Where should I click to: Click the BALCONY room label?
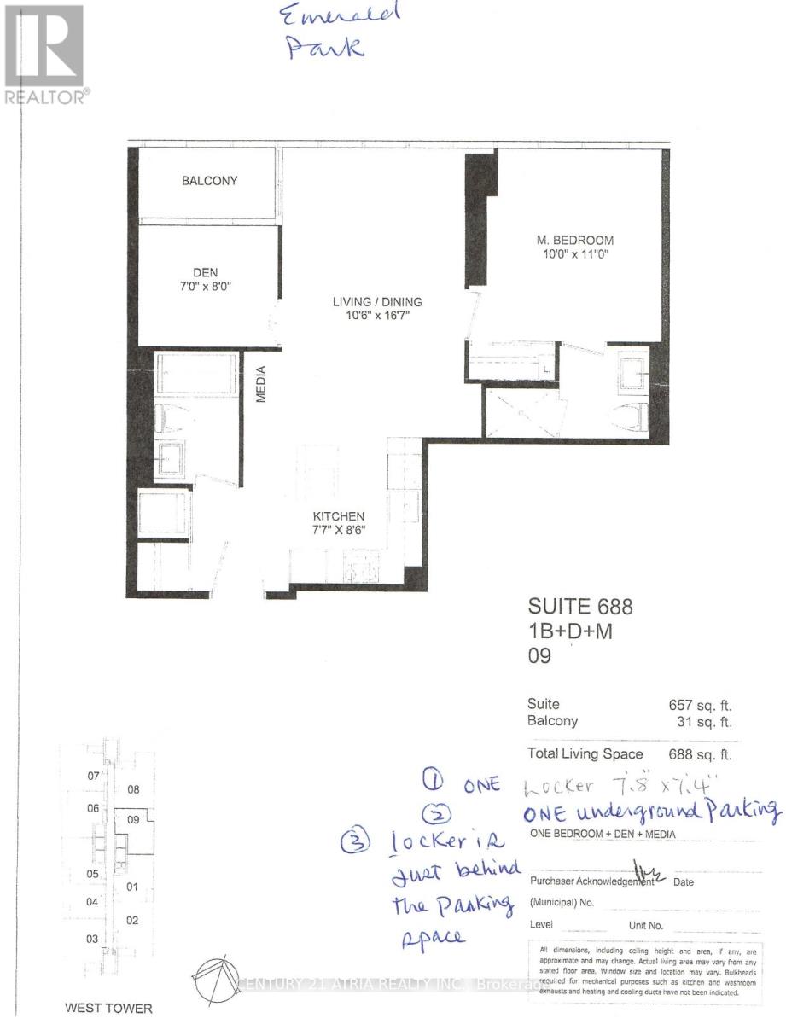[209, 181]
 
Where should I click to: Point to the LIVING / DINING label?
[378, 302]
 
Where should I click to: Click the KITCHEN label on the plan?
[338, 516]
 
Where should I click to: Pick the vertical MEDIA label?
[263, 385]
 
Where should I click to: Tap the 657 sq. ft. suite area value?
[701, 705]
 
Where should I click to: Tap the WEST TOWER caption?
[103, 1008]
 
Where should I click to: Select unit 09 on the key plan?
[133, 819]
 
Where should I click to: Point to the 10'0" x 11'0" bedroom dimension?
[569, 254]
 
